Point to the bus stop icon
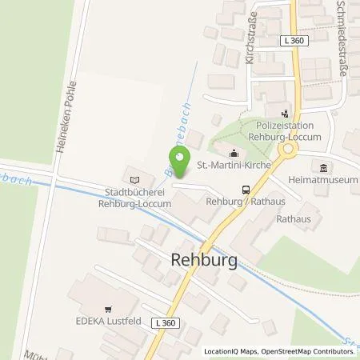point(246,190)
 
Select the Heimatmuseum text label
point(326,181)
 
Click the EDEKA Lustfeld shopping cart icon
point(106,308)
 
